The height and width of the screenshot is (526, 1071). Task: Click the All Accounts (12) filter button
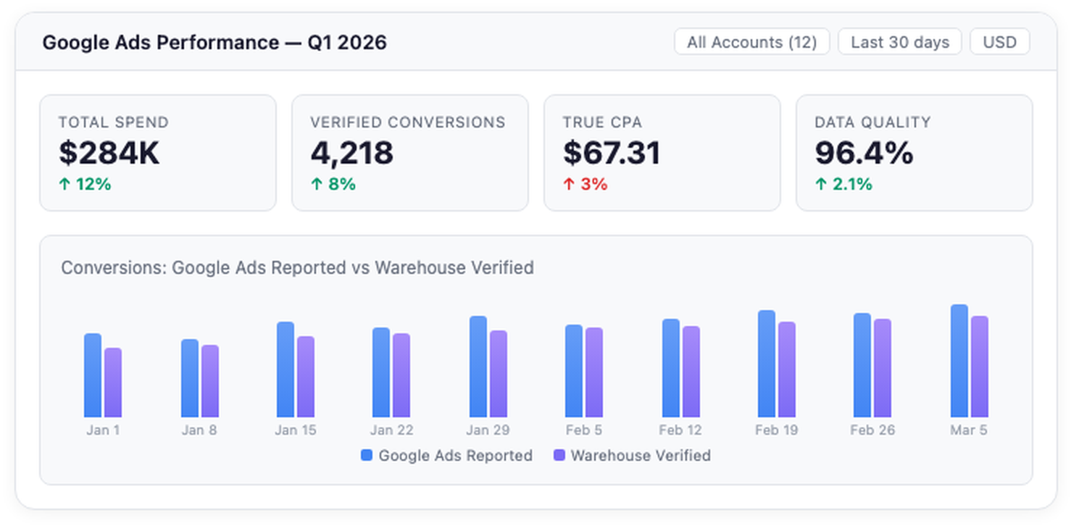[751, 42]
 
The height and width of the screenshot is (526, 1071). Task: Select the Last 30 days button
[899, 42]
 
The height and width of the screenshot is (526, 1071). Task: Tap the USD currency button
[999, 42]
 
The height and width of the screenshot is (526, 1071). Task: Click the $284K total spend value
[109, 153]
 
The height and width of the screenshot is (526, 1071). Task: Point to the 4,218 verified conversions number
[352, 153]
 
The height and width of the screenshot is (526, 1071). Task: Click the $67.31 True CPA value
[612, 153]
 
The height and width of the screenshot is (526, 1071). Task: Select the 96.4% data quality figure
[864, 153]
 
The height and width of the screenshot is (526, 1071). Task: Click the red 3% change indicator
[585, 184]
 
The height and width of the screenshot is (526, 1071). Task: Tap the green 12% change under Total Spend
[85, 184]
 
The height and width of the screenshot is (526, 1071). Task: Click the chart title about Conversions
[297, 267]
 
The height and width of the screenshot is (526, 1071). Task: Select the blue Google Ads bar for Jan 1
[93, 375]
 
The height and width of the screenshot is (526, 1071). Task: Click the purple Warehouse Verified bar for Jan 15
[306, 377]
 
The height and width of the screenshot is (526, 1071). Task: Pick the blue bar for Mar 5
[959, 361]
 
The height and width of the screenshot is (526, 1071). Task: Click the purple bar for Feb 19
[787, 370]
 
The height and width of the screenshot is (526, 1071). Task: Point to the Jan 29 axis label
[488, 430]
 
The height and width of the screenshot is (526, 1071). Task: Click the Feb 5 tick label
[584, 430]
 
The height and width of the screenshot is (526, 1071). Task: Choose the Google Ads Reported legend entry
[446, 456]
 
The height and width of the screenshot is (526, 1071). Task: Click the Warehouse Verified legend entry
[632, 456]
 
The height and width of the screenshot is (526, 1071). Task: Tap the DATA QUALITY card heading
[872, 122]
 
